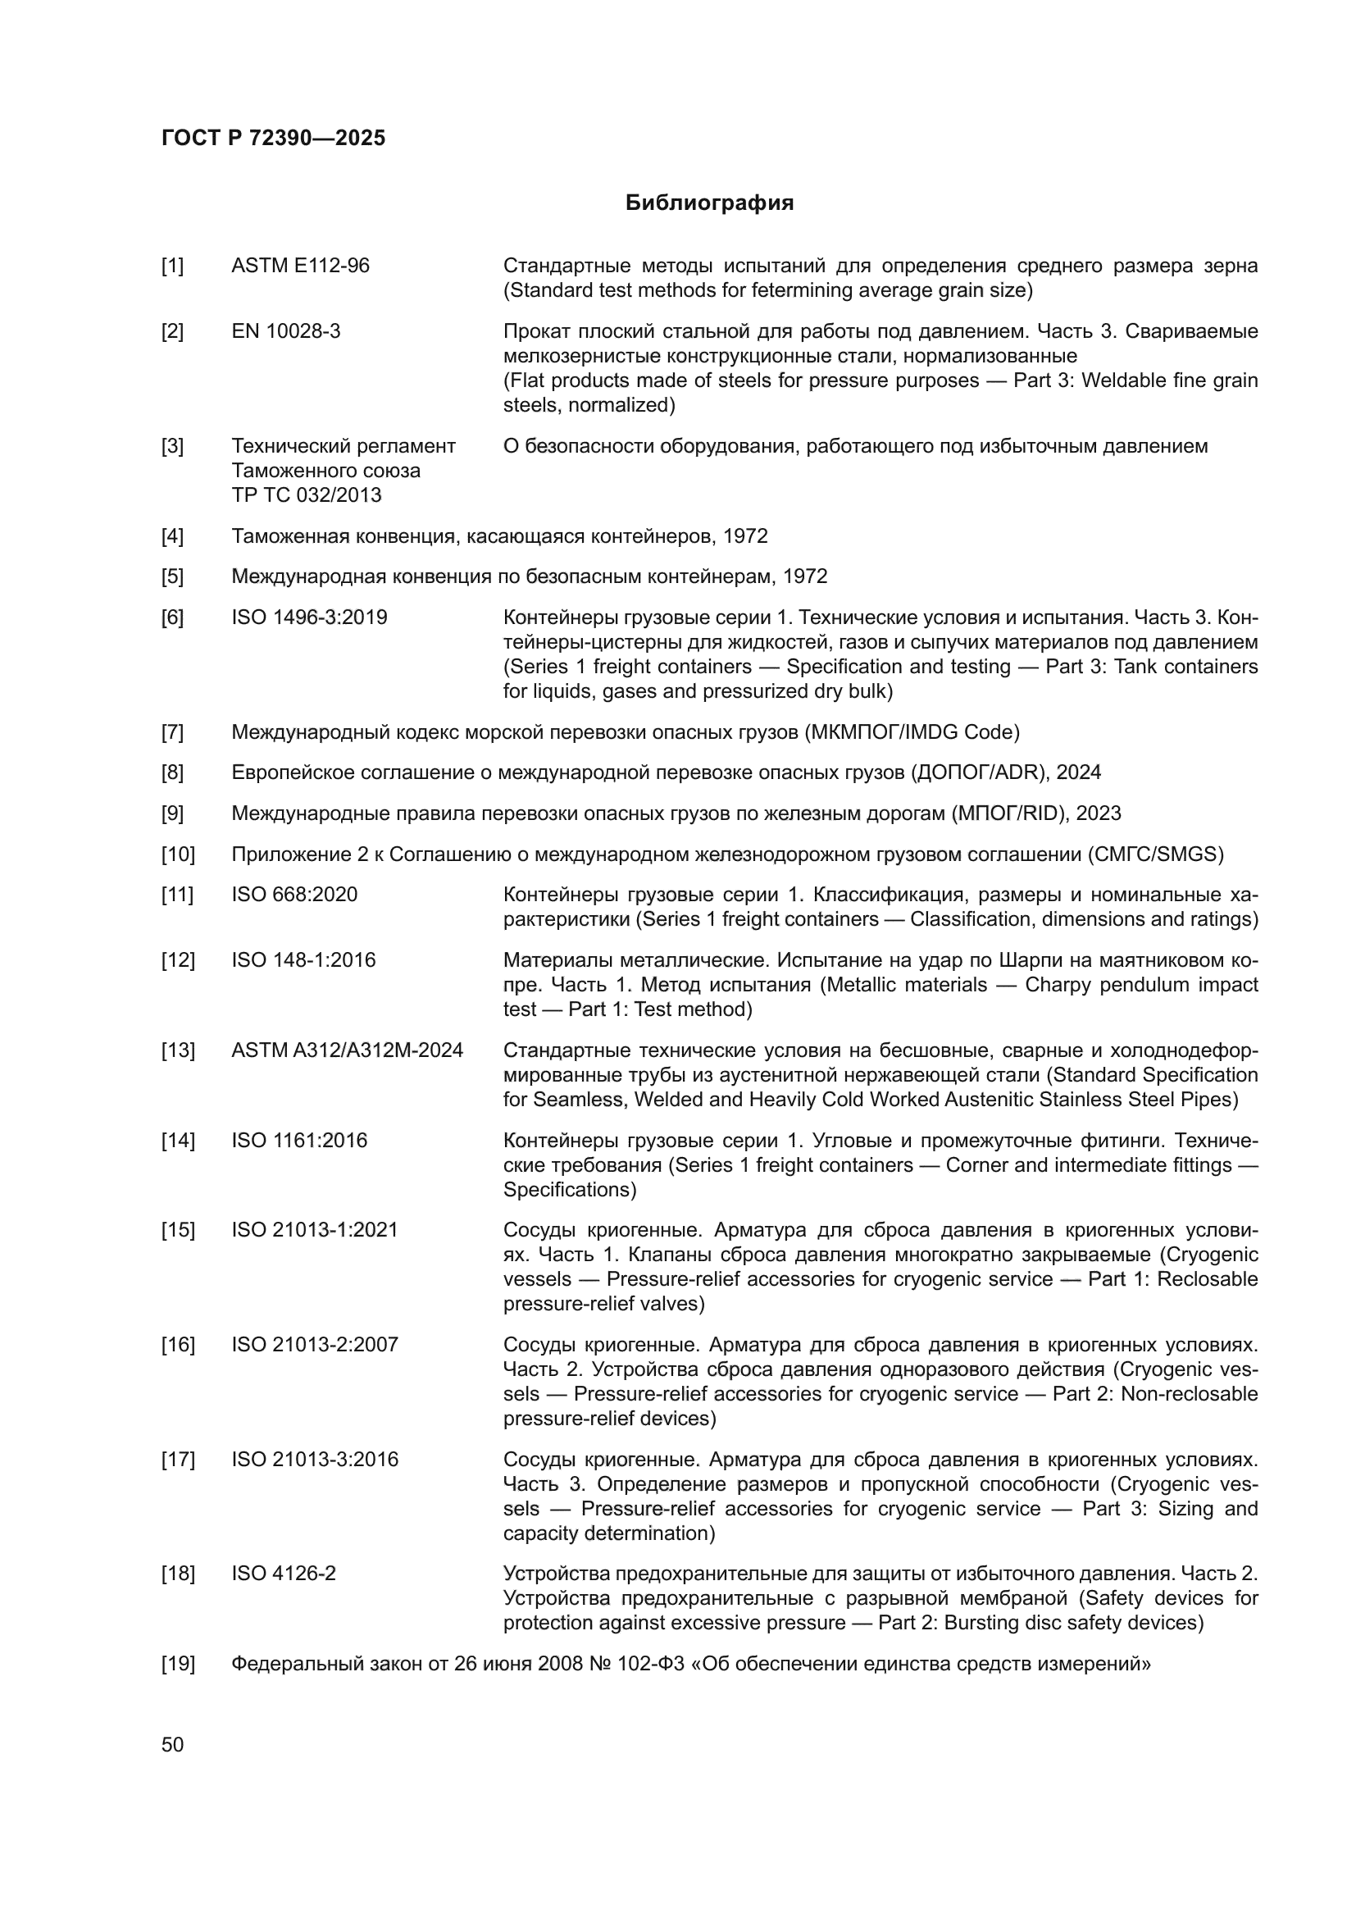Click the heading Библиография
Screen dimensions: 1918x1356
(709, 203)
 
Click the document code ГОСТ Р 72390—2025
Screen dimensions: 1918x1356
(273, 138)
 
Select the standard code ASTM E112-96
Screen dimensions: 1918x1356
(300, 266)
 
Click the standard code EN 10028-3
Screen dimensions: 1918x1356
(285, 331)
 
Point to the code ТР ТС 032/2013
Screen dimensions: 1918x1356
(306, 495)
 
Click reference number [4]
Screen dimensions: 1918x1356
(172, 536)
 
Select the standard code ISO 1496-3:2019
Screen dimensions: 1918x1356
(309, 618)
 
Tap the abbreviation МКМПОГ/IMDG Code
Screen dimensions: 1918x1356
(912, 732)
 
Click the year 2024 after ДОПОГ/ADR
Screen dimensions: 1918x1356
(1078, 772)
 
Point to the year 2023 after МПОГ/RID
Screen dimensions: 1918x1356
(1098, 813)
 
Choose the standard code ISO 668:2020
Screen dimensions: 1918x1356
(294, 895)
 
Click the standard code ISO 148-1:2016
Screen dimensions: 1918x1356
(303, 961)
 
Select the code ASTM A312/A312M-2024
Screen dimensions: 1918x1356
(347, 1051)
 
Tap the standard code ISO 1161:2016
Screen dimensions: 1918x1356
(299, 1141)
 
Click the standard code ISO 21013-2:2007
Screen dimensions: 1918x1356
(315, 1345)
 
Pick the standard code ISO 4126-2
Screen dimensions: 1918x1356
(283, 1574)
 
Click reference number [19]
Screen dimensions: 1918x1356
(177, 1664)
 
